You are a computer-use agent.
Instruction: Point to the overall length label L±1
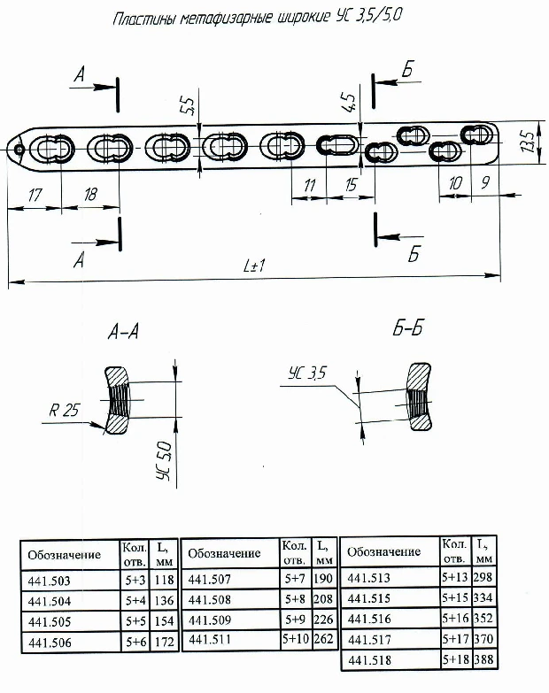tap(255, 266)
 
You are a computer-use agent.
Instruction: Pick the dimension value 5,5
tap(187, 107)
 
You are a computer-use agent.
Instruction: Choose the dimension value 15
tap(352, 186)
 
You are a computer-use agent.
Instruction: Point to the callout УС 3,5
tap(307, 374)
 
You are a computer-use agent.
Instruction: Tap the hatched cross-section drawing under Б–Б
tap(418, 397)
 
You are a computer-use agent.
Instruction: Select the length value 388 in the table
tap(484, 660)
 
